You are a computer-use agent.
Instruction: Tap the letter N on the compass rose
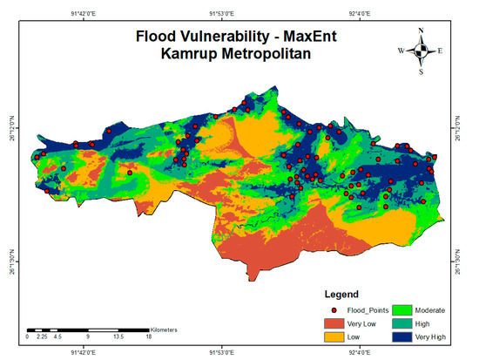(421, 31)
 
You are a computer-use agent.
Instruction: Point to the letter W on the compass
(401, 51)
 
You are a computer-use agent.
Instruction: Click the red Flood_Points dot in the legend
(334, 309)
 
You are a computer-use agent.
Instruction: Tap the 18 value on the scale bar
(149, 336)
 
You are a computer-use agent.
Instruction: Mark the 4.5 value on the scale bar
(57, 336)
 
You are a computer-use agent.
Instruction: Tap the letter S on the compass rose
(421, 71)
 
